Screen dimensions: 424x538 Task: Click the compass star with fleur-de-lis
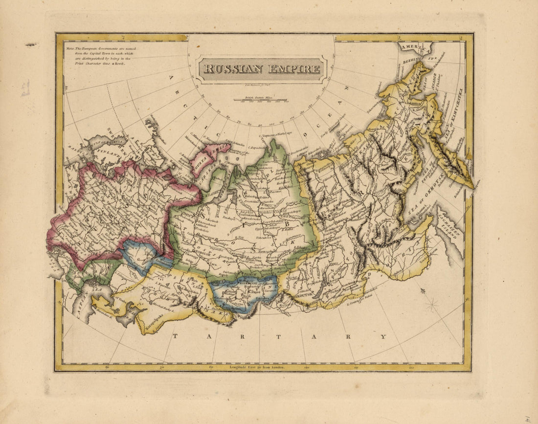432,306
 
